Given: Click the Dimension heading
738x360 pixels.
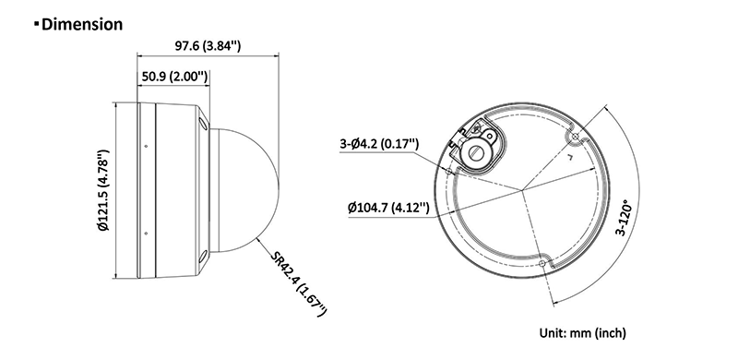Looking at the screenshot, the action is coord(82,24).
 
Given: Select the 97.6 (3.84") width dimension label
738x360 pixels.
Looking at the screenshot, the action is coord(208,46).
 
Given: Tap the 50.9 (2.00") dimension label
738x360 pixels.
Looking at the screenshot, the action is coord(174,77).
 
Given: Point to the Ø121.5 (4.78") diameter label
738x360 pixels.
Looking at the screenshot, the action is coord(103,190).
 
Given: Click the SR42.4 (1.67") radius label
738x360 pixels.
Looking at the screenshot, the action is coord(298,283).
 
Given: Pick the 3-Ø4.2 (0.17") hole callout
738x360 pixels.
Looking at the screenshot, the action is coord(379,143).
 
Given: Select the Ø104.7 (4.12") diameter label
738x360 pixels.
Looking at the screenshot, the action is coord(388,208).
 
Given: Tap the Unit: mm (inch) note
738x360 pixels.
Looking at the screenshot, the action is coord(583,333).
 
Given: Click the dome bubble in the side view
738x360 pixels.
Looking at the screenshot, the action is coord(244,190).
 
